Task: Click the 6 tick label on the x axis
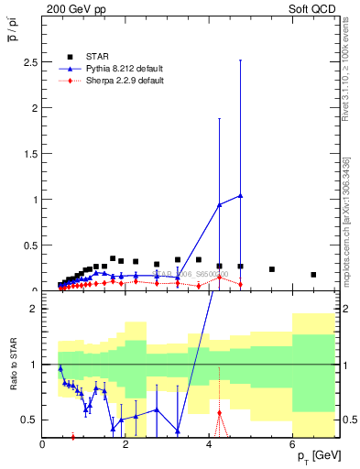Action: coord(293,445)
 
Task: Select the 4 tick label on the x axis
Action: coord(210,445)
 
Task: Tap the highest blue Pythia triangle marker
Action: coord(240,195)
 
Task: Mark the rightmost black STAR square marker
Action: coord(313,274)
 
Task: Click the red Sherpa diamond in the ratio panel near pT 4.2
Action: coord(220,412)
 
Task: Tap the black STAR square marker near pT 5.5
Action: coord(272,269)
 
